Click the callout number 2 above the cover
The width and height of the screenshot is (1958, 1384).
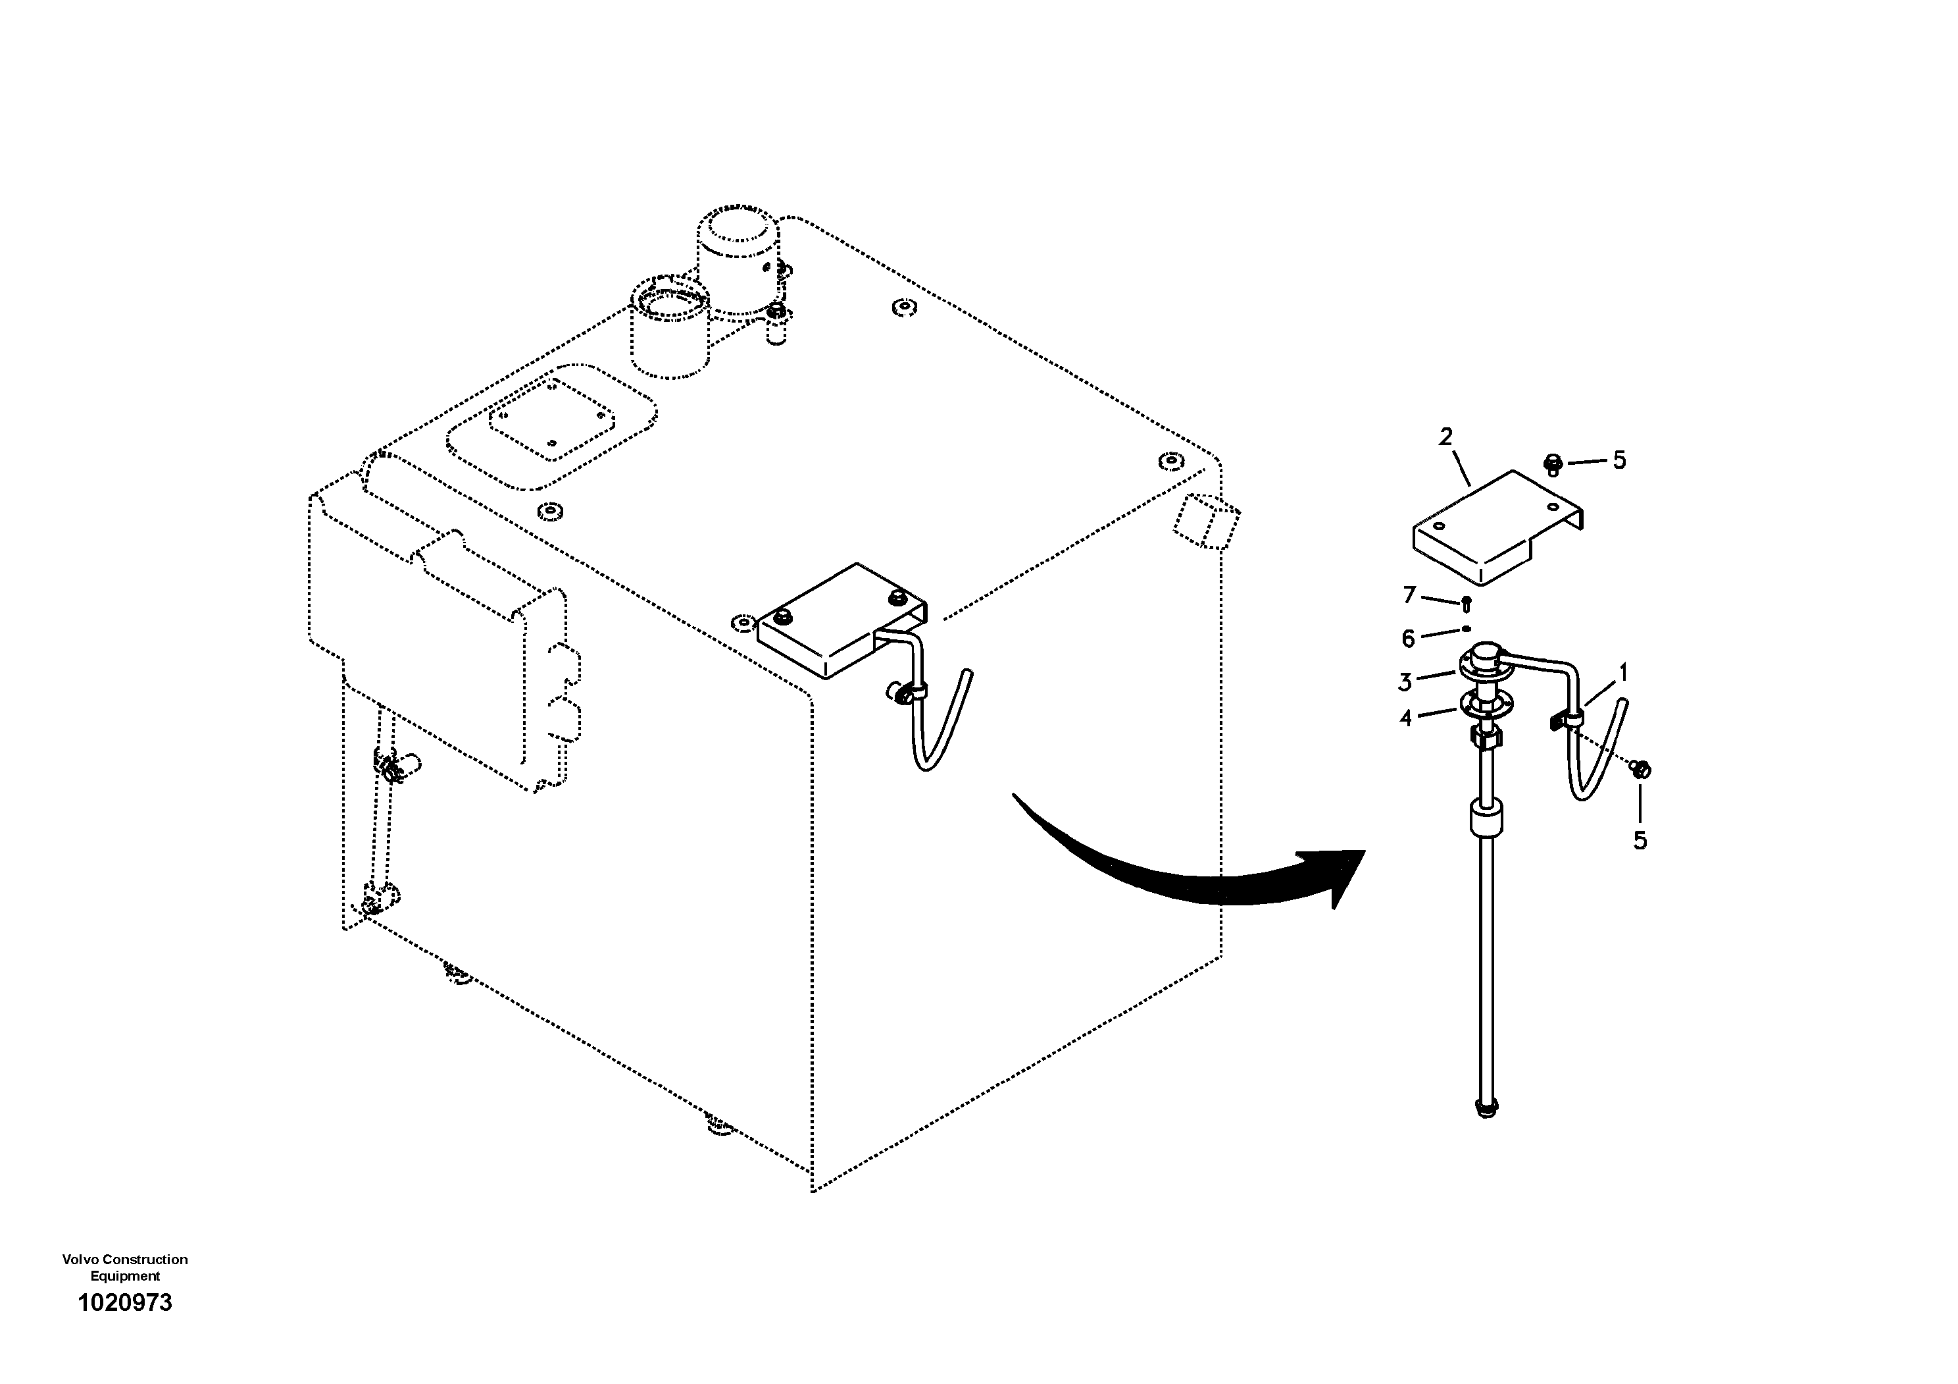(1445, 438)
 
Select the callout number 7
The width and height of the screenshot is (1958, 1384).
(1410, 595)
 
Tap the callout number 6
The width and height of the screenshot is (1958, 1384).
(1408, 638)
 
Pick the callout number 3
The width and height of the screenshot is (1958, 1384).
(1405, 681)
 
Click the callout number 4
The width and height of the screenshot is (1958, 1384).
(1406, 718)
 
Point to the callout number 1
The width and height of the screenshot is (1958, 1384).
(1624, 673)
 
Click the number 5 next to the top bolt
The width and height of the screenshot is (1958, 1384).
(1619, 461)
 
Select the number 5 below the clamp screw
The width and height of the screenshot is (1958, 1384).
(1640, 840)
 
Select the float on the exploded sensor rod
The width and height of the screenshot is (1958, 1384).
(1486, 820)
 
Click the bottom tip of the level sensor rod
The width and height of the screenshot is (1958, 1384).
(1486, 1109)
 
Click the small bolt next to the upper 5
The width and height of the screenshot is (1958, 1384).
(1553, 465)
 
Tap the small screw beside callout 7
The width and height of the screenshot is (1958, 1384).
(1466, 604)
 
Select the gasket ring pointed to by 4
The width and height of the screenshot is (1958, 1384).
(1485, 704)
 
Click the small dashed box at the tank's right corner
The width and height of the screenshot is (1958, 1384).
(1206, 521)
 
